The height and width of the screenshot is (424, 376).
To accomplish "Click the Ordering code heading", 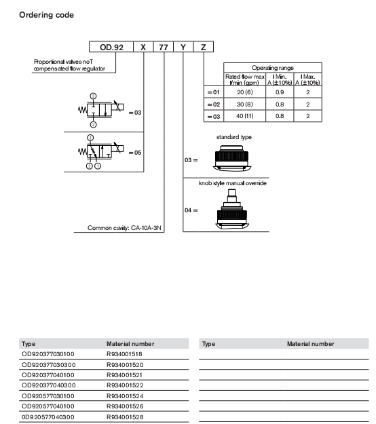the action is pos(46,15).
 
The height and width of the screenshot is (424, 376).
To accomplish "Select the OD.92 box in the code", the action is pos(111,47).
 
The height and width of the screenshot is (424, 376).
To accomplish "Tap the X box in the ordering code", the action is pos(143,47).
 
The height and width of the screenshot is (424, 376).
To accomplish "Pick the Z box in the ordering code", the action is pos(204,47).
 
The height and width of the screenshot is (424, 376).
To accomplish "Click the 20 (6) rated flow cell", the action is pos(245,92).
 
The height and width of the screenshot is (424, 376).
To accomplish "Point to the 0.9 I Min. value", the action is pos(280,92).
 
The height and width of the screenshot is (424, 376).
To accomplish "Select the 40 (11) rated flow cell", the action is pos(245,116).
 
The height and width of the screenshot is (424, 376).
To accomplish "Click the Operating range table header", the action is pos(273,68).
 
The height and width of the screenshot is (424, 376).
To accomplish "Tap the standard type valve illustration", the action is pos(232,158).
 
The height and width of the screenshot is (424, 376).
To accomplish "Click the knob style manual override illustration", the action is pos(232,209).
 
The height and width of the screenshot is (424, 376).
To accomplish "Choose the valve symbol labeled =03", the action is pos(101,110).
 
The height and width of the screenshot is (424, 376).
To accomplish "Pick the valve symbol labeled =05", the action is pos(101,152).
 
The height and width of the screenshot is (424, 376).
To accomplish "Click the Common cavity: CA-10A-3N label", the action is pos(124,228).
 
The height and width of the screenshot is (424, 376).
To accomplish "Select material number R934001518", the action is pos(124,354).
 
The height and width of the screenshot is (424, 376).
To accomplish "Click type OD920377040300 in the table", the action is pos(49,385).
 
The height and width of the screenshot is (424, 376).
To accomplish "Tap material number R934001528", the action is pos(125,417).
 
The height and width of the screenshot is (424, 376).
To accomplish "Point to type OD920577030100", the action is pos(48,396).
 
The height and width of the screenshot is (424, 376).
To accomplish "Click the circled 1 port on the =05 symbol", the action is pos(98,166).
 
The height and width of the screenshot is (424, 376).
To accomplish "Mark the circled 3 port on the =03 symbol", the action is pos(93,96).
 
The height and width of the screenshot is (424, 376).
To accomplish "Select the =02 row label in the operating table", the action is pos(214,104).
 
